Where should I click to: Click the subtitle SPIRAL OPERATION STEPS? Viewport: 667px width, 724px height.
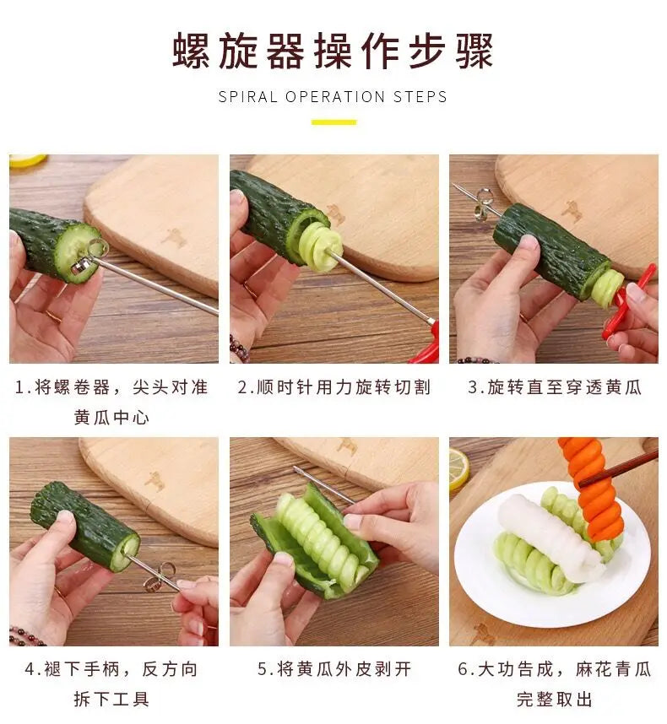(333, 96)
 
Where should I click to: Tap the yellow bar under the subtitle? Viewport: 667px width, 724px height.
(333, 122)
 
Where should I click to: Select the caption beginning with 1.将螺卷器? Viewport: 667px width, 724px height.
(111, 402)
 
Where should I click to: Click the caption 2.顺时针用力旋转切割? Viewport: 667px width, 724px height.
(333, 387)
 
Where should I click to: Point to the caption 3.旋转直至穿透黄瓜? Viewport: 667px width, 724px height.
(554, 387)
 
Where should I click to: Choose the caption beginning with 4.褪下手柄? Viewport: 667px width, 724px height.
(111, 683)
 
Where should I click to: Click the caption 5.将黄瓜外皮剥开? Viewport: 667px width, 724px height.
(333, 669)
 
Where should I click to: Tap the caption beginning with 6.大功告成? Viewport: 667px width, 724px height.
(554, 683)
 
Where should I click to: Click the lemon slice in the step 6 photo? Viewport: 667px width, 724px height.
(458, 468)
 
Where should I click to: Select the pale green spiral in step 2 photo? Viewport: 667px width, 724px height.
(317, 246)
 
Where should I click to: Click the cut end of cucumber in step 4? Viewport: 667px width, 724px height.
(127, 548)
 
